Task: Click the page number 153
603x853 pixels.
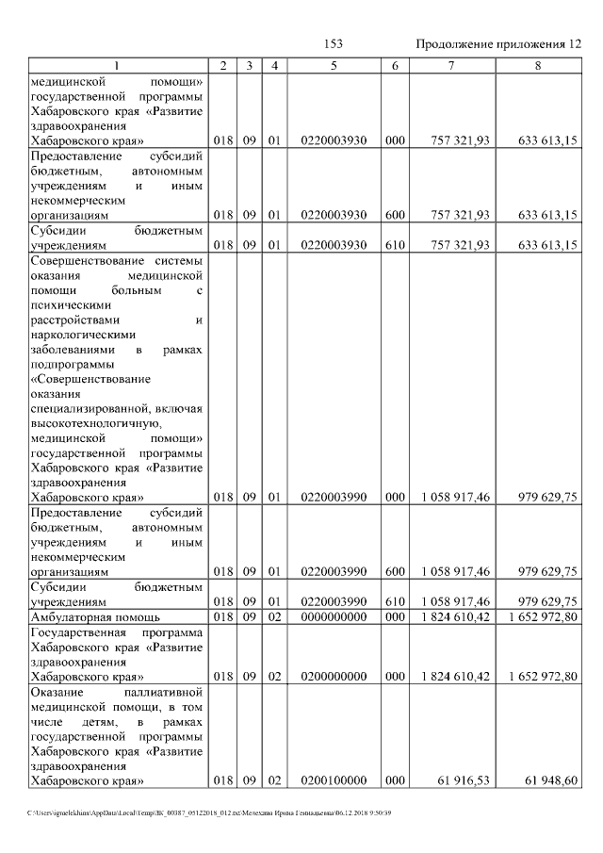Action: pyautogui.click(x=333, y=44)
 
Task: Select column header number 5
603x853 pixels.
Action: pyautogui.click(x=334, y=66)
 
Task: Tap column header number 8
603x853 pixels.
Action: pyautogui.click(x=537, y=66)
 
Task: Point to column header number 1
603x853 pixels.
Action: pyautogui.click(x=117, y=66)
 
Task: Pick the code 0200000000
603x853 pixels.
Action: pyautogui.click(x=334, y=677)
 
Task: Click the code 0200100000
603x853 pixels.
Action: pyautogui.click(x=334, y=780)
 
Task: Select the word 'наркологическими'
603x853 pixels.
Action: pyautogui.click(x=83, y=334)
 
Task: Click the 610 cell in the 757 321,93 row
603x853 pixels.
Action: pyautogui.click(x=396, y=245)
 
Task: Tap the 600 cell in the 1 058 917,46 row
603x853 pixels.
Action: pyautogui.click(x=396, y=571)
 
